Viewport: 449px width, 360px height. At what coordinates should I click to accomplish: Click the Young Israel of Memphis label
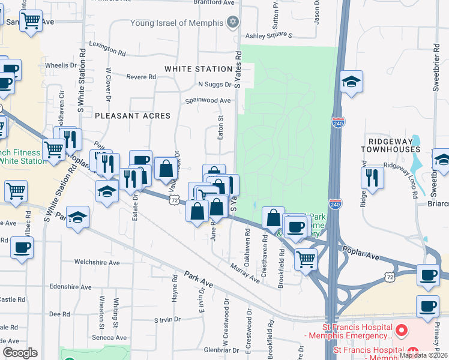(x=177, y=24)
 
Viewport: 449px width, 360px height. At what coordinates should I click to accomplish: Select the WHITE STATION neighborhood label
(x=198, y=70)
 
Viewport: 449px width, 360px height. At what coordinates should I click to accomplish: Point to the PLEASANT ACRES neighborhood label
(x=132, y=115)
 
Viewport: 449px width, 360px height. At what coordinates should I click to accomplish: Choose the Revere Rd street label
(x=141, y=77)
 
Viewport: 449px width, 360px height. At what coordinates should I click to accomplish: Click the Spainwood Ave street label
(x=208, y=101)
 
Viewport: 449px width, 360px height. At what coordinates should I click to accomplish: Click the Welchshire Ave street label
(x=97, y=262)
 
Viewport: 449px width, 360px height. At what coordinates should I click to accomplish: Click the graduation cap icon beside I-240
(x=351, y=82)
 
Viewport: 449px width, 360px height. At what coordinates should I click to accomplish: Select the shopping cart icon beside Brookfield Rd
(x=306, y=259)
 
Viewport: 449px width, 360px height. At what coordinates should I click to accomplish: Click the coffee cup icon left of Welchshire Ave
(x=22, y=247)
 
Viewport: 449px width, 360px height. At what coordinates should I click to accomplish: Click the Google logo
(x=20, y=353)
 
